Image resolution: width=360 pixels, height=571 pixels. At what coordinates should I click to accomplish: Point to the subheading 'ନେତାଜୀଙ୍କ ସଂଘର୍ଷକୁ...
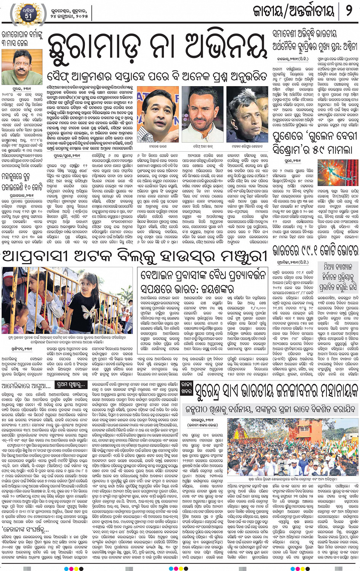pos(25,529)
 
